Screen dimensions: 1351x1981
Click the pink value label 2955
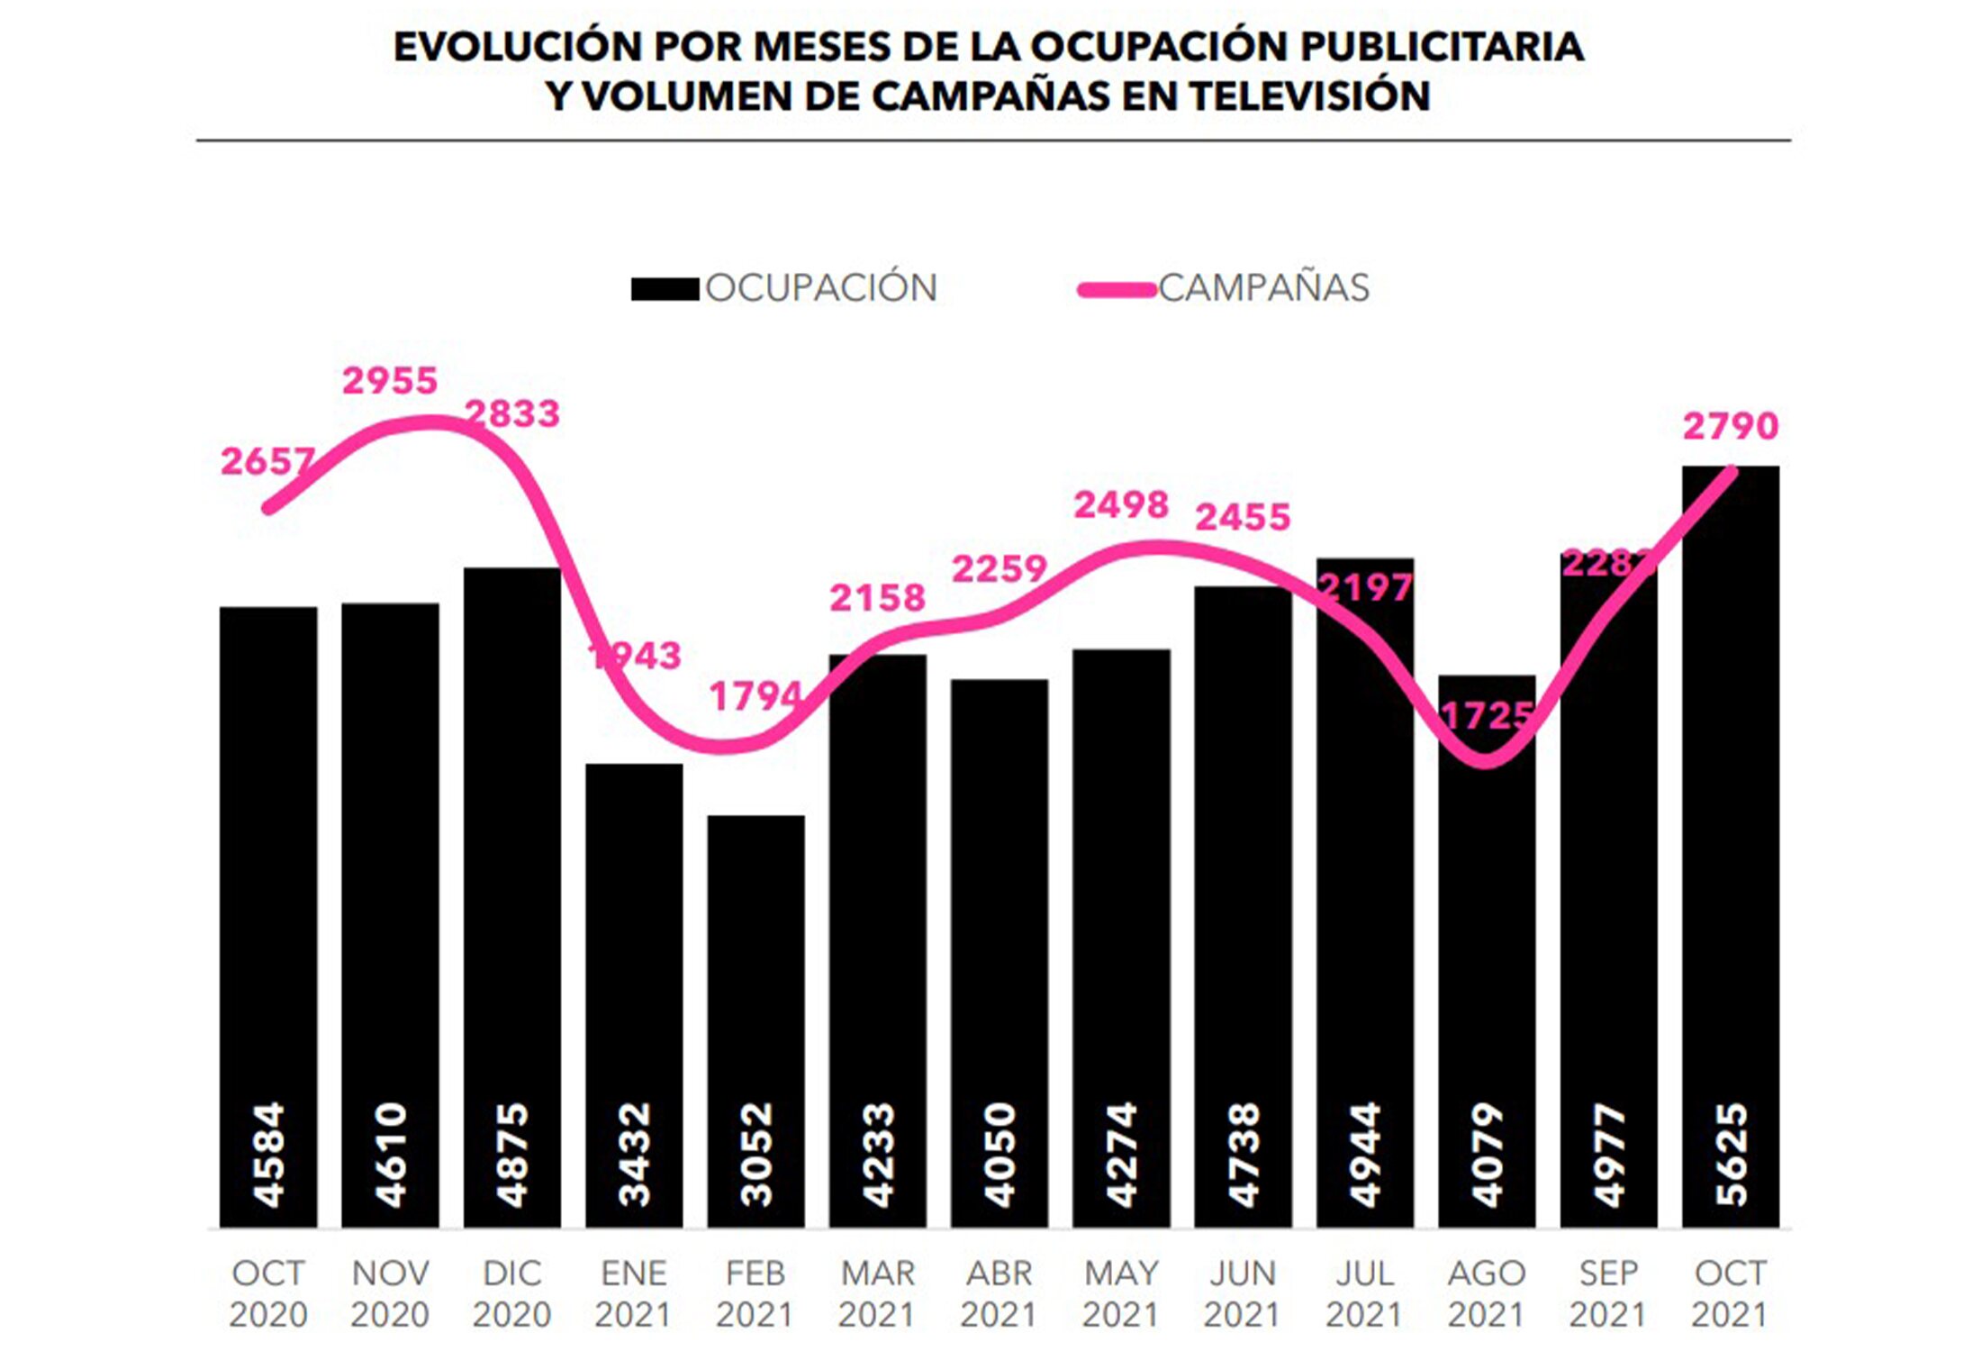[x=389, y=381]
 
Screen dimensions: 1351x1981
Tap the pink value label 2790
[x=1730, y=426]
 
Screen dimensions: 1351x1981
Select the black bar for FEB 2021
[x=755, y=991]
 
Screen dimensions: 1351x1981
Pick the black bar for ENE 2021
[x=634, y=946]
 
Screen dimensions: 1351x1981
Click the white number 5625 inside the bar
[x=1731, y=1155]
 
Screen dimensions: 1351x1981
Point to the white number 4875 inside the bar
[x=512, y=1155]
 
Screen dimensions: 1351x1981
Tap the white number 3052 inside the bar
[x=755, y=1155]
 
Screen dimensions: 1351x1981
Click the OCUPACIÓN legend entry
[x=783, y=288]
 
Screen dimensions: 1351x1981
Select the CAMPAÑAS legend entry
[x=1225, y=288]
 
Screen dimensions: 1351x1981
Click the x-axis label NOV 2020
[x=390, y=1293]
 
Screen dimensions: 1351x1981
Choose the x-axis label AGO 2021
[x=1487, y=1293]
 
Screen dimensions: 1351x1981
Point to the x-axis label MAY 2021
[x=1121, y=1293]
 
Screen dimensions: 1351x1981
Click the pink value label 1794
[x=755, y=696]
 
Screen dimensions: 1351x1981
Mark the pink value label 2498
[x=1121, y=505]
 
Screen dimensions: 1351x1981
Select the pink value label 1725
[x=1487, y=716]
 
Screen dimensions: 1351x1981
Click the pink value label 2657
[x=267, y=462]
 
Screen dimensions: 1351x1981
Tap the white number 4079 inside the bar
[x=1487, y=1155]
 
